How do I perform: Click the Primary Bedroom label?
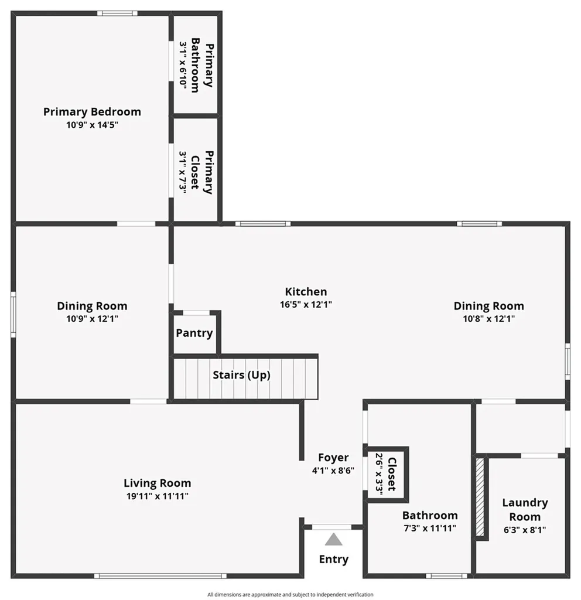coord(92,112)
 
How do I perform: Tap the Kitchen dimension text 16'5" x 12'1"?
coord(306,305)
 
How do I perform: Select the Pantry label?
coord(194,333)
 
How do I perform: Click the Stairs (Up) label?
coord(241,375)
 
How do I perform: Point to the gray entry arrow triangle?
coord(333,540)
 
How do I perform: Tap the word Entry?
coord(333,560)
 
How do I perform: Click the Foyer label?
coord(333,458)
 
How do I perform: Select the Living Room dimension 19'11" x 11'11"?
coord(157,496)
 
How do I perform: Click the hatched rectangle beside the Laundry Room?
coord(480,497)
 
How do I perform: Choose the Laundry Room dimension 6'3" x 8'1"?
coord(525,530)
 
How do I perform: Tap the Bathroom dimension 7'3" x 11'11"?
coord(430,529)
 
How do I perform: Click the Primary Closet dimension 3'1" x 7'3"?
coord(183,173)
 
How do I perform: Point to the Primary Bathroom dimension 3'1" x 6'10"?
coord(183,66)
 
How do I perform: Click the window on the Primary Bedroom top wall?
coord(117,13)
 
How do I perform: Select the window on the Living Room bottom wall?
coord(160,576)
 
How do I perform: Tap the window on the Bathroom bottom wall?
coord(446,576)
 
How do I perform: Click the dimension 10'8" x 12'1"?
coord(489,319)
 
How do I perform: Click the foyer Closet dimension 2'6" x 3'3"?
coord(379,473)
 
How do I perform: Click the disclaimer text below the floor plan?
coord(290,595)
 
